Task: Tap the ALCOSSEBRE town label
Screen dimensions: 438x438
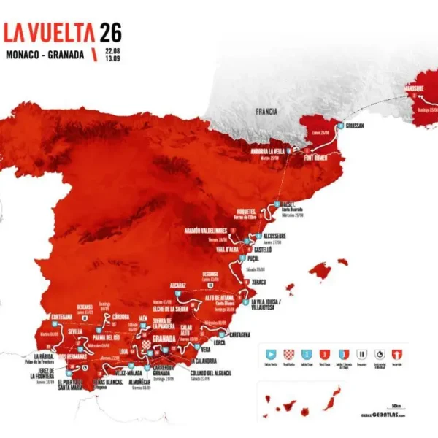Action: coord(282,236)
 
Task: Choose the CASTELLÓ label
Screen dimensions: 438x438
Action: coord(261,249)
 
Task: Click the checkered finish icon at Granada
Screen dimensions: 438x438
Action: coord(146,344)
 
